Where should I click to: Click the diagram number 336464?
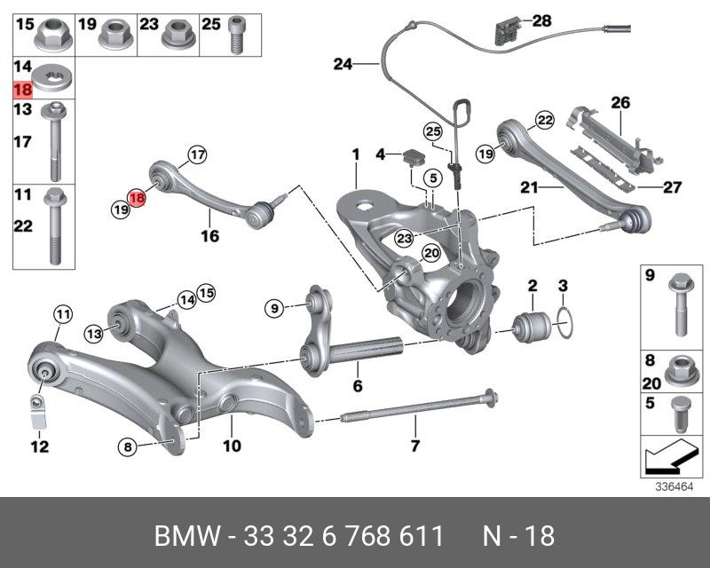674,486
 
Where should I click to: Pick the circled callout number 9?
275,308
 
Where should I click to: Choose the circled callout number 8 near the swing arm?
128,447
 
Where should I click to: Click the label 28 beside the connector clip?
541,20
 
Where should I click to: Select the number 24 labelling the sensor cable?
343,63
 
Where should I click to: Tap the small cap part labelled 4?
411,158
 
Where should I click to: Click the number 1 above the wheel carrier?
355,154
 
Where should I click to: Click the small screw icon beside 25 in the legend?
237,34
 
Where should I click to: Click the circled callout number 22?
544,120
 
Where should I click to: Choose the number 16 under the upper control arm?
209,236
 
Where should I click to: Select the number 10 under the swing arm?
231,446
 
